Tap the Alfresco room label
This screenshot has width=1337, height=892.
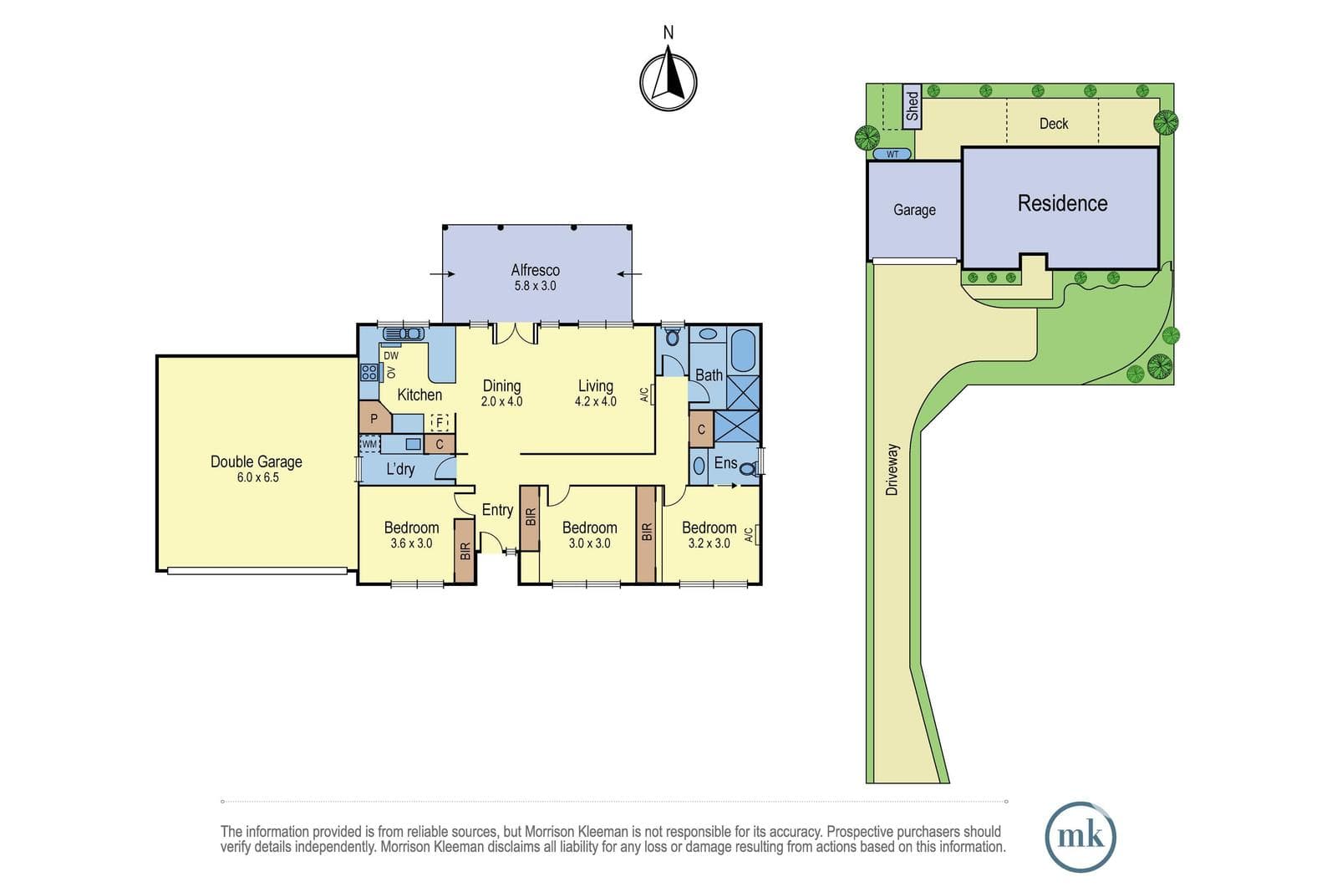pos(536,270)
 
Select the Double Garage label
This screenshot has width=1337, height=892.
pos(256,461)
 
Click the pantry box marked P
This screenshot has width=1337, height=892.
pos(374,417)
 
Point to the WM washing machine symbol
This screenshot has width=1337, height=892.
pos(369,444)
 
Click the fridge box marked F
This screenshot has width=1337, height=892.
pos(440,423)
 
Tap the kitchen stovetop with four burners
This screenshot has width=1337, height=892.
pos(369,373)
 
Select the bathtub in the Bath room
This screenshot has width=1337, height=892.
pos(743,351)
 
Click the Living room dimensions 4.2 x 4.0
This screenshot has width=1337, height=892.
pos(596,402)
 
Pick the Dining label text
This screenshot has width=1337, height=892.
pos(502,385)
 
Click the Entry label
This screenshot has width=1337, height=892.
pos(497,510)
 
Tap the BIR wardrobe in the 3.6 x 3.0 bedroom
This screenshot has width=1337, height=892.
pos(465,550)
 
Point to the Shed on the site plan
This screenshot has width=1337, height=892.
pos(912,106)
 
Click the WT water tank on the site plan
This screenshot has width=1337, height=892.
pos(892,154)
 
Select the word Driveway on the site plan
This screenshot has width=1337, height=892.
pos(892,469)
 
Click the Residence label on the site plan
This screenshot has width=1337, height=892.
pos(1062,203)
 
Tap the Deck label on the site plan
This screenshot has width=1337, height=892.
pos(1054,124)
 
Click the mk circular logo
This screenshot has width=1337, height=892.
pos(1080,837)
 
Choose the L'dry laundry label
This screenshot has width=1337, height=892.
pos(400,469)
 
